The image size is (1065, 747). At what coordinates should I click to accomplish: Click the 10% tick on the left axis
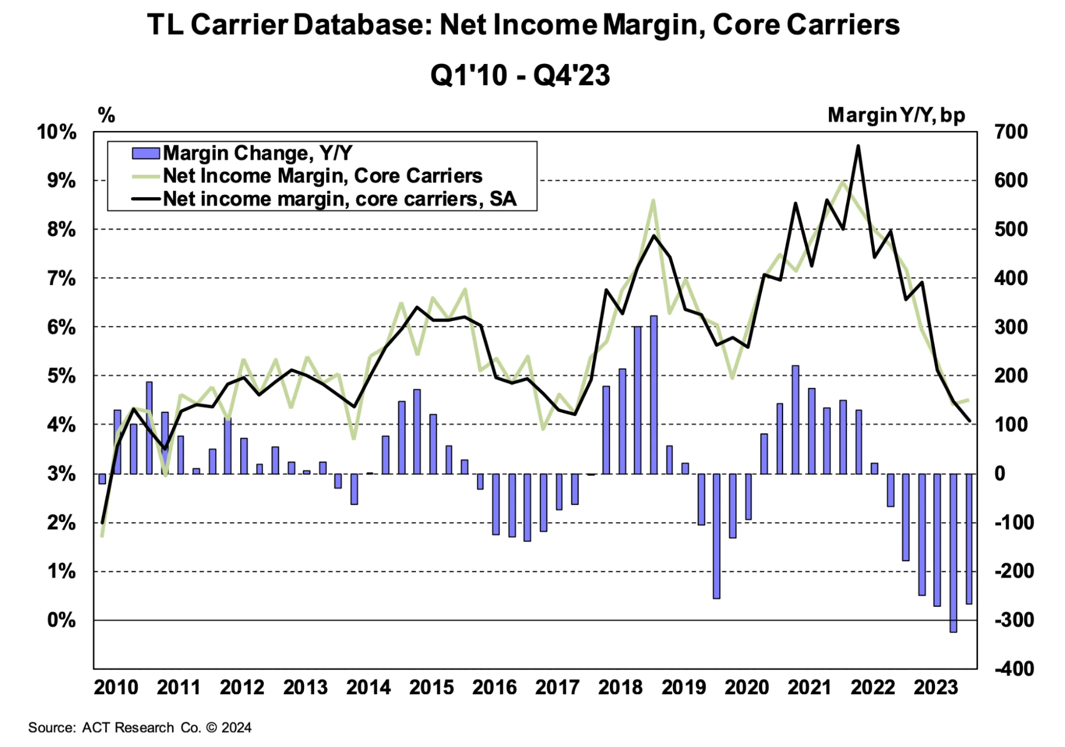point(56,132)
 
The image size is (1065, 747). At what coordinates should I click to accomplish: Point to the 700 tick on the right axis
point(1011,132)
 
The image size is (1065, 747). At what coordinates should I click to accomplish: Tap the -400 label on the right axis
point(1014,669)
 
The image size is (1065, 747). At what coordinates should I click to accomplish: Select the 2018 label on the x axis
point(620,687)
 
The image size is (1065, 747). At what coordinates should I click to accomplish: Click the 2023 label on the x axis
point(936,687)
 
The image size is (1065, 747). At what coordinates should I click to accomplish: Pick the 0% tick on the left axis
point(61,620)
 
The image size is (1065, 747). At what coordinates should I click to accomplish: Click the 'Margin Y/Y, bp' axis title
point(896,115)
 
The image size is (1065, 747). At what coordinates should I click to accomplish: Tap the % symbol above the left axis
point(107,115)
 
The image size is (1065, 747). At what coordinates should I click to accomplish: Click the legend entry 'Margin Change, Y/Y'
point(257,153)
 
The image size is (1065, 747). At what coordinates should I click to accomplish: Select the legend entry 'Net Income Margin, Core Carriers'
point(322,176)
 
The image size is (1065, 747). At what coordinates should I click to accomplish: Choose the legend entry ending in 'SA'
point(339,199)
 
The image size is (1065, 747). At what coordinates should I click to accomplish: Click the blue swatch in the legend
point(145,153)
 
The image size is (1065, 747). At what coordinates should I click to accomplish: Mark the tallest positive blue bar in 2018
point(654,394)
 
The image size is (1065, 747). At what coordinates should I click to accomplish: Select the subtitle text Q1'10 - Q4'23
point(520,75)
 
